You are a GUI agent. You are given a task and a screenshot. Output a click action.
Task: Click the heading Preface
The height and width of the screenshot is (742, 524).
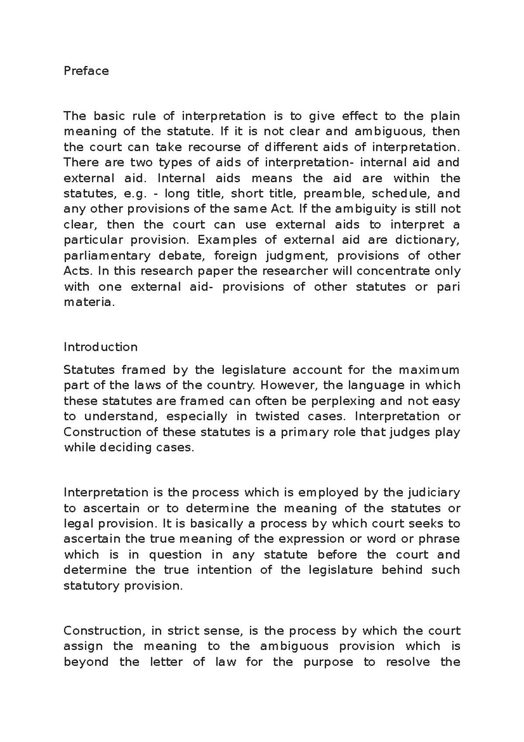pyautogui.click(x=86, y=71)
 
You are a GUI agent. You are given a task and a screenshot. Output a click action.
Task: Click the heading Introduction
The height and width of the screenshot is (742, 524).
pyautogui.click(x=100, y=347)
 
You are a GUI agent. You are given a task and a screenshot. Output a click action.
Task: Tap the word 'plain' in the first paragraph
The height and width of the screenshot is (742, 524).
pyautogui.click(x=445, y=116)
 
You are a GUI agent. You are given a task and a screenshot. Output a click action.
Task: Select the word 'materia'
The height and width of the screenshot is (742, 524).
pyautogui.click(x=89, y=302)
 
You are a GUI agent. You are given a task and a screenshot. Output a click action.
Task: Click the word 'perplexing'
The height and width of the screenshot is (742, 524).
pyautogui.click(x=343, y=401)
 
